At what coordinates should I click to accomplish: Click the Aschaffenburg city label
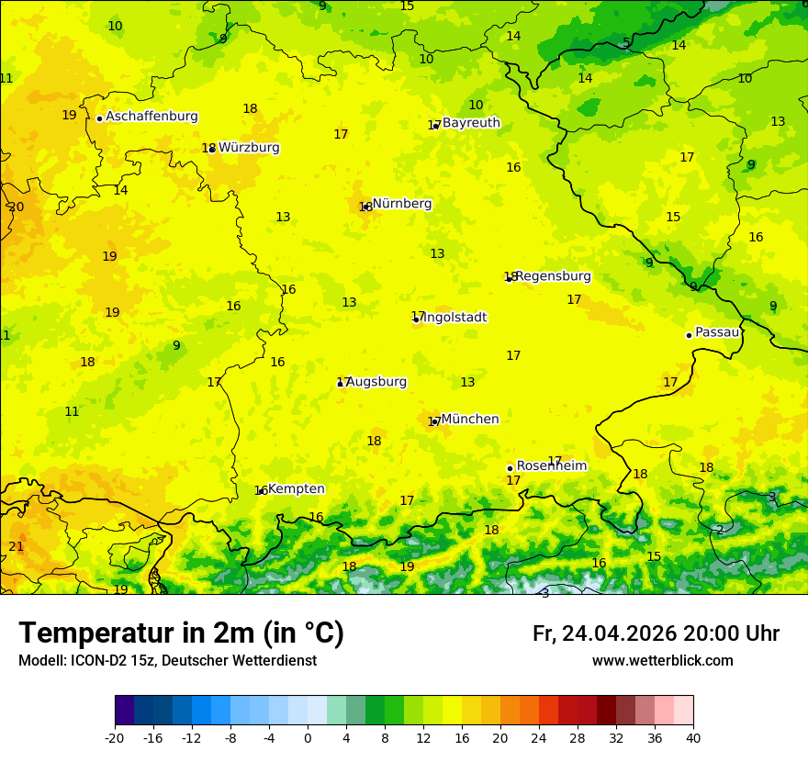pos(151,117)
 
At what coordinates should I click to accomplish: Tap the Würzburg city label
pos(249,148)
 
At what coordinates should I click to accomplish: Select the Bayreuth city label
pos(471,123)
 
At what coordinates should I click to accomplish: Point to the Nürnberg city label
pos(402,204)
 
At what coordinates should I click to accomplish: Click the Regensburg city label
pos(553,276)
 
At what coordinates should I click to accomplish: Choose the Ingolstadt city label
pos(454,318)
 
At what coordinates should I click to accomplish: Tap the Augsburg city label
pos(376,382)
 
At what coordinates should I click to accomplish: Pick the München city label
pos(470,420)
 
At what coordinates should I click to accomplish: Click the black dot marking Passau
pos(689,335)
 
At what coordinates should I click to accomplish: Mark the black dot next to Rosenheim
pos(510,468)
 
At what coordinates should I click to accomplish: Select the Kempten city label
pos(296,489)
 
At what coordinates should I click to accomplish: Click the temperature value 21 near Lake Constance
pos(16,547)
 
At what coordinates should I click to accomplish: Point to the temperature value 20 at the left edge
pos(16,207)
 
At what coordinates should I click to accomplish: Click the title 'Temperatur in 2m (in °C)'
pos(181,633)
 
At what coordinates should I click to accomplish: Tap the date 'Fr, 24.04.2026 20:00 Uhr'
pos(656,633)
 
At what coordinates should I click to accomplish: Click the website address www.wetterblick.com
pos(662,661)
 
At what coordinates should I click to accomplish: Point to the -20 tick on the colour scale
pos(115,737)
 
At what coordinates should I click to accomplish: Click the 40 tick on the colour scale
pos(692,737)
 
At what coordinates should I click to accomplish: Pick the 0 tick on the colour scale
pos(308,737)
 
